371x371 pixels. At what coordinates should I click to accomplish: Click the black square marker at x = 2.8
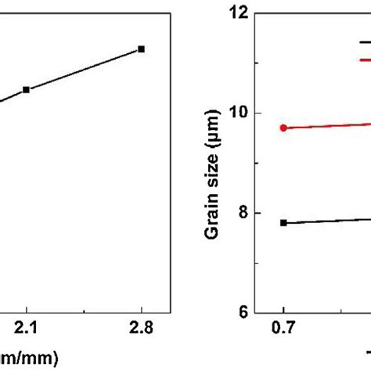[x=141, y=49]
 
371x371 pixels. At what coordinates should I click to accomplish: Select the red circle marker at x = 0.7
[x=283, y=128]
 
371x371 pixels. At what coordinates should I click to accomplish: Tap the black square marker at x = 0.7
[x=283, y=222]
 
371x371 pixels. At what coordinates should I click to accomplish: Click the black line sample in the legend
[x=365, y=42]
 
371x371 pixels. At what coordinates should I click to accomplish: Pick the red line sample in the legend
[x=365, y=59]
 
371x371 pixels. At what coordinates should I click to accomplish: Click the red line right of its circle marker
[x=329, y=125]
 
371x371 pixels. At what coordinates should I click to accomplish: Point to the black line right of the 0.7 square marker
[x=329, y=221]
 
